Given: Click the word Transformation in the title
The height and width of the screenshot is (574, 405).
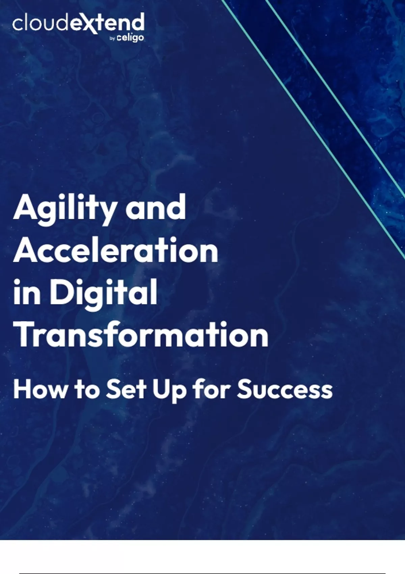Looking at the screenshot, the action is [x=141, y=334].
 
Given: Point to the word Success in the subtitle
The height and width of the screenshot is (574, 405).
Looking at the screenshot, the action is [x=285, y=390].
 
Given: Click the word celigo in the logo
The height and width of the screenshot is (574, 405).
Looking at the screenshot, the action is [x=130, y=38].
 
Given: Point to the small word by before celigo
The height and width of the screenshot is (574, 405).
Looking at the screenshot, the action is [x=112, y=39].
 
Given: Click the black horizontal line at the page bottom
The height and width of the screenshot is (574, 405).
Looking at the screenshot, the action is [x=202, y=573].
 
